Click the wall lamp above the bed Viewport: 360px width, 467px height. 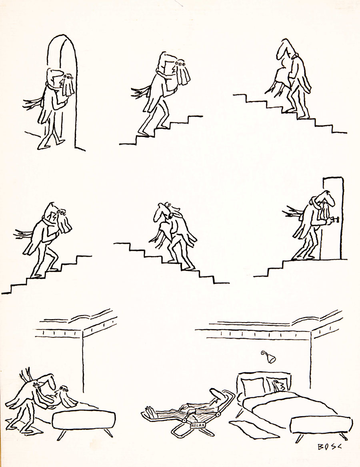point(269,357)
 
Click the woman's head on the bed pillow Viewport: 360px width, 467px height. point(279,386)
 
